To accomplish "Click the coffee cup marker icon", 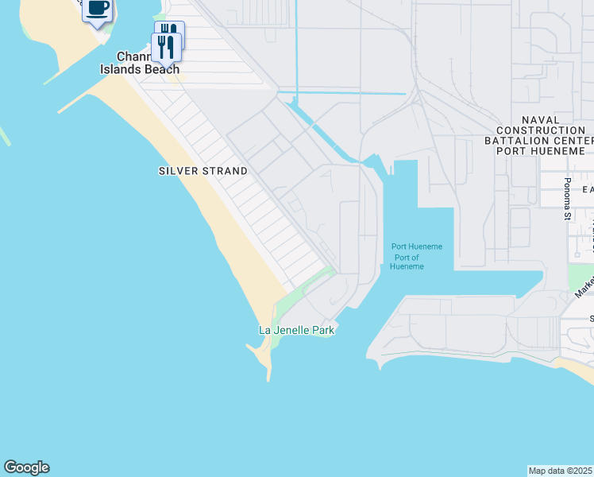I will coord(97,10).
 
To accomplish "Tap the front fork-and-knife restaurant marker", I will coord(165,47).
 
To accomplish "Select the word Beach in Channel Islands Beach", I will coord(161,69).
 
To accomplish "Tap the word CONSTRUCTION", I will coord(541,130).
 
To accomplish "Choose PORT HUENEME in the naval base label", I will coord(544,150).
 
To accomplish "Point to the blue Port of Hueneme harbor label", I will coord(416,256).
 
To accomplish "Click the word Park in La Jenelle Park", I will coord(323,330).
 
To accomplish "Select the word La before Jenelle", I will coord(266,330).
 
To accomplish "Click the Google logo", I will coord(26,467).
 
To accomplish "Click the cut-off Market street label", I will coord(584,283).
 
